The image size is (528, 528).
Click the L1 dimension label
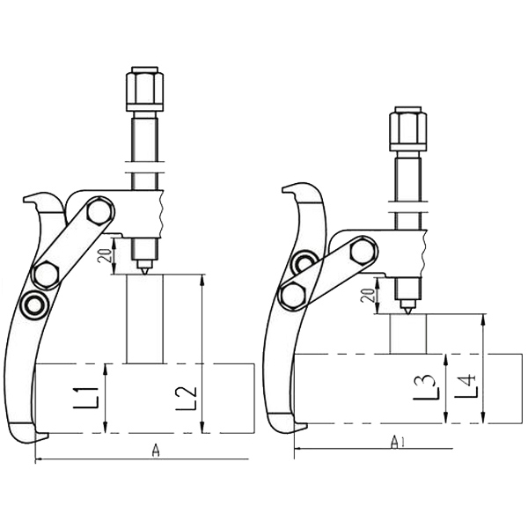click(x=86, y=398)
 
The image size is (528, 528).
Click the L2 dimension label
click(x=187, y=398)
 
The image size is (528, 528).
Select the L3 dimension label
click(x=426, y=387)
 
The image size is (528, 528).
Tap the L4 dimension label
click(x=466, y=385)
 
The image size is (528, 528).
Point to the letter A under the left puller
click(x=155, y=451)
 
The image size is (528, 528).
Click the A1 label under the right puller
click(x=398, y=442)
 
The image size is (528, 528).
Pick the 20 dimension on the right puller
click(x=370, y=296)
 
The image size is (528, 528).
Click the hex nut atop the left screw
click(x=145, y=89)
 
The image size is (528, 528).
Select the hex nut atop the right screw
click(x=407, y=128)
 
